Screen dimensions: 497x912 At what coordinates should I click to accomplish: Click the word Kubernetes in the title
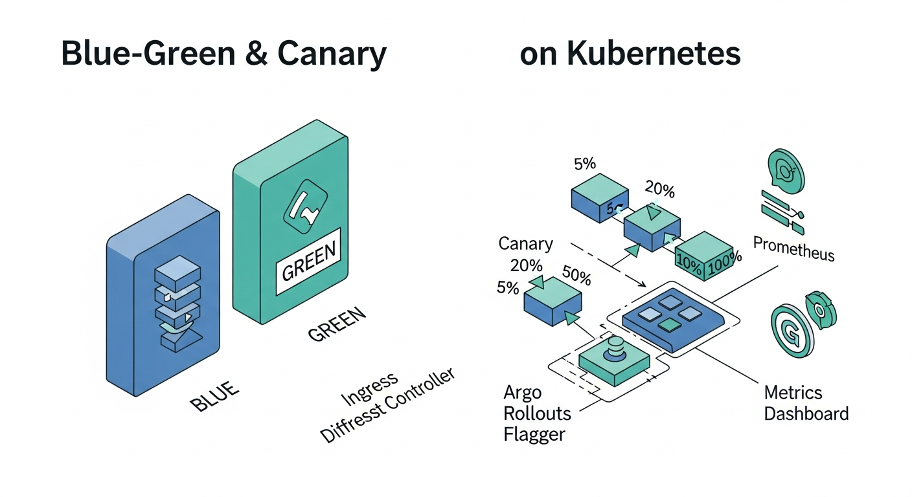pos(654,54)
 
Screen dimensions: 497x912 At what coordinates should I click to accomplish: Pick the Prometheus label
pos(794,248)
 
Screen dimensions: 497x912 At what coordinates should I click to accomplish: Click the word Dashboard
pos(806,414)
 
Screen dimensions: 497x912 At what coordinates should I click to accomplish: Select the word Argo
pos(522,393)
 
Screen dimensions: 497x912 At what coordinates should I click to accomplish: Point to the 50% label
pos(576,278)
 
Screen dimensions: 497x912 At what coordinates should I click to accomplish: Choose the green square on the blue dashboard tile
pos(667,323)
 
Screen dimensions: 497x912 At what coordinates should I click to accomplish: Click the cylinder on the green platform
pos(615,349)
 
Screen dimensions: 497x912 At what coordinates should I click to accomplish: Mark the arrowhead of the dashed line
pos(643,285)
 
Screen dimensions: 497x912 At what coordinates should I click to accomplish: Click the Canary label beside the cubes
pos(525,245)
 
